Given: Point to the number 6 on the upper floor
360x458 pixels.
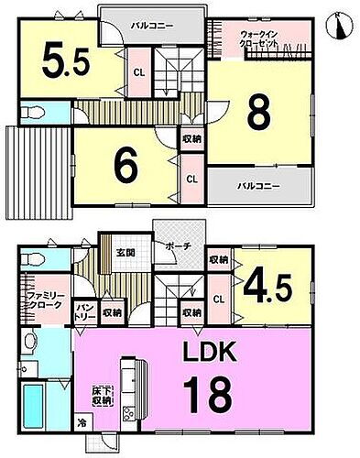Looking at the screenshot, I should click(x=126, y=168).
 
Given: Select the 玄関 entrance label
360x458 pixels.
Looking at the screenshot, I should click(x=125, y=253).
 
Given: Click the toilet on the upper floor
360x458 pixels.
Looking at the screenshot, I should click(x=33, y=113).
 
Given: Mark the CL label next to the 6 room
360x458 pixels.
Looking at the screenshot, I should click(x=192, y=180).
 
